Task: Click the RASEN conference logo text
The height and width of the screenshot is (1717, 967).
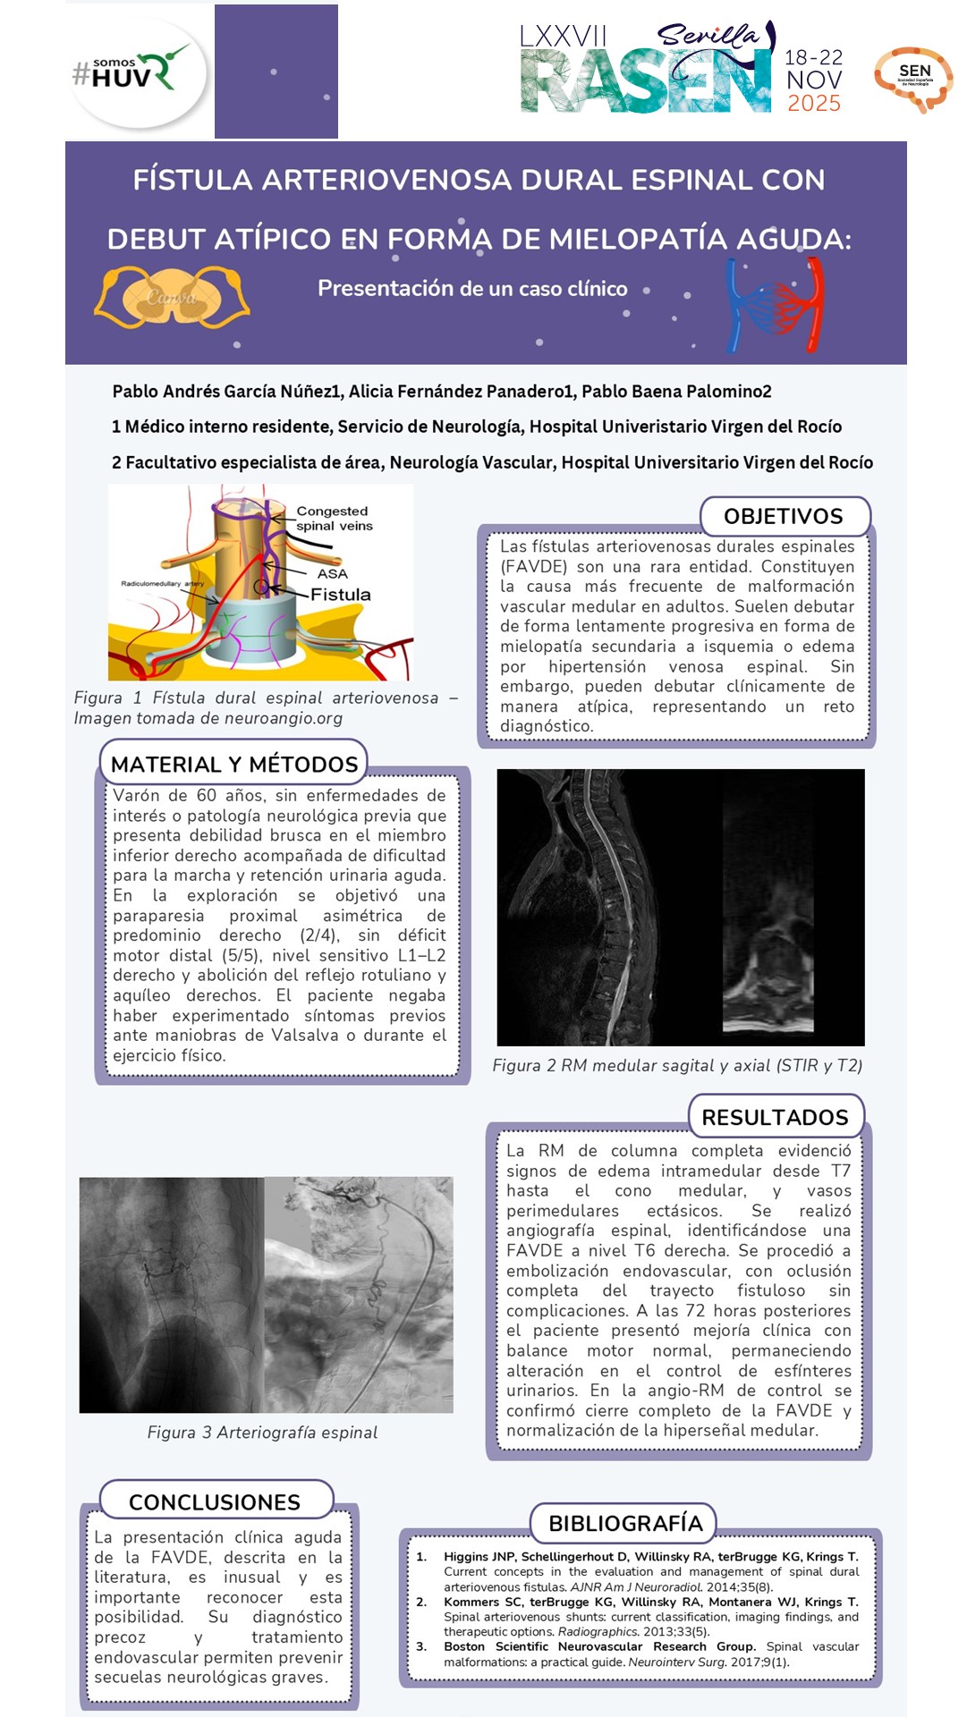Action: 644,81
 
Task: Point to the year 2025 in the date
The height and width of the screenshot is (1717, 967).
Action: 813,104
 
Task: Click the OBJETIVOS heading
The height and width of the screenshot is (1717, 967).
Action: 783,516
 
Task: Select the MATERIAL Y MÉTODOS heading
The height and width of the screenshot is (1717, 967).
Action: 233,764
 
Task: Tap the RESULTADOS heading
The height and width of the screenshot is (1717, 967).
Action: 775,1117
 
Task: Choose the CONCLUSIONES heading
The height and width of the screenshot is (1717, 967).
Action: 215,1501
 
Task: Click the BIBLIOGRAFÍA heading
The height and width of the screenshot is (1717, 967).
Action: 625,1523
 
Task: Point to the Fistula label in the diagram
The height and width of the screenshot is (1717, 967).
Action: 340,595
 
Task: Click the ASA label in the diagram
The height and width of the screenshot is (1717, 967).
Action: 332,573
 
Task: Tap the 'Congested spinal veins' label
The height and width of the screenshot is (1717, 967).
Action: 334,519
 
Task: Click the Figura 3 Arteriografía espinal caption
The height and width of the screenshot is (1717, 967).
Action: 262,1433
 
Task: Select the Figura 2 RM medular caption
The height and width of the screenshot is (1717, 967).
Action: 677,1065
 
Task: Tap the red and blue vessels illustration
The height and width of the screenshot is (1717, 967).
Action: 775,305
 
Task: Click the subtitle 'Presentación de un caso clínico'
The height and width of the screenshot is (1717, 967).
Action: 472,289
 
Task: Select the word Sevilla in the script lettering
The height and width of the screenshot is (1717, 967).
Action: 708,36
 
